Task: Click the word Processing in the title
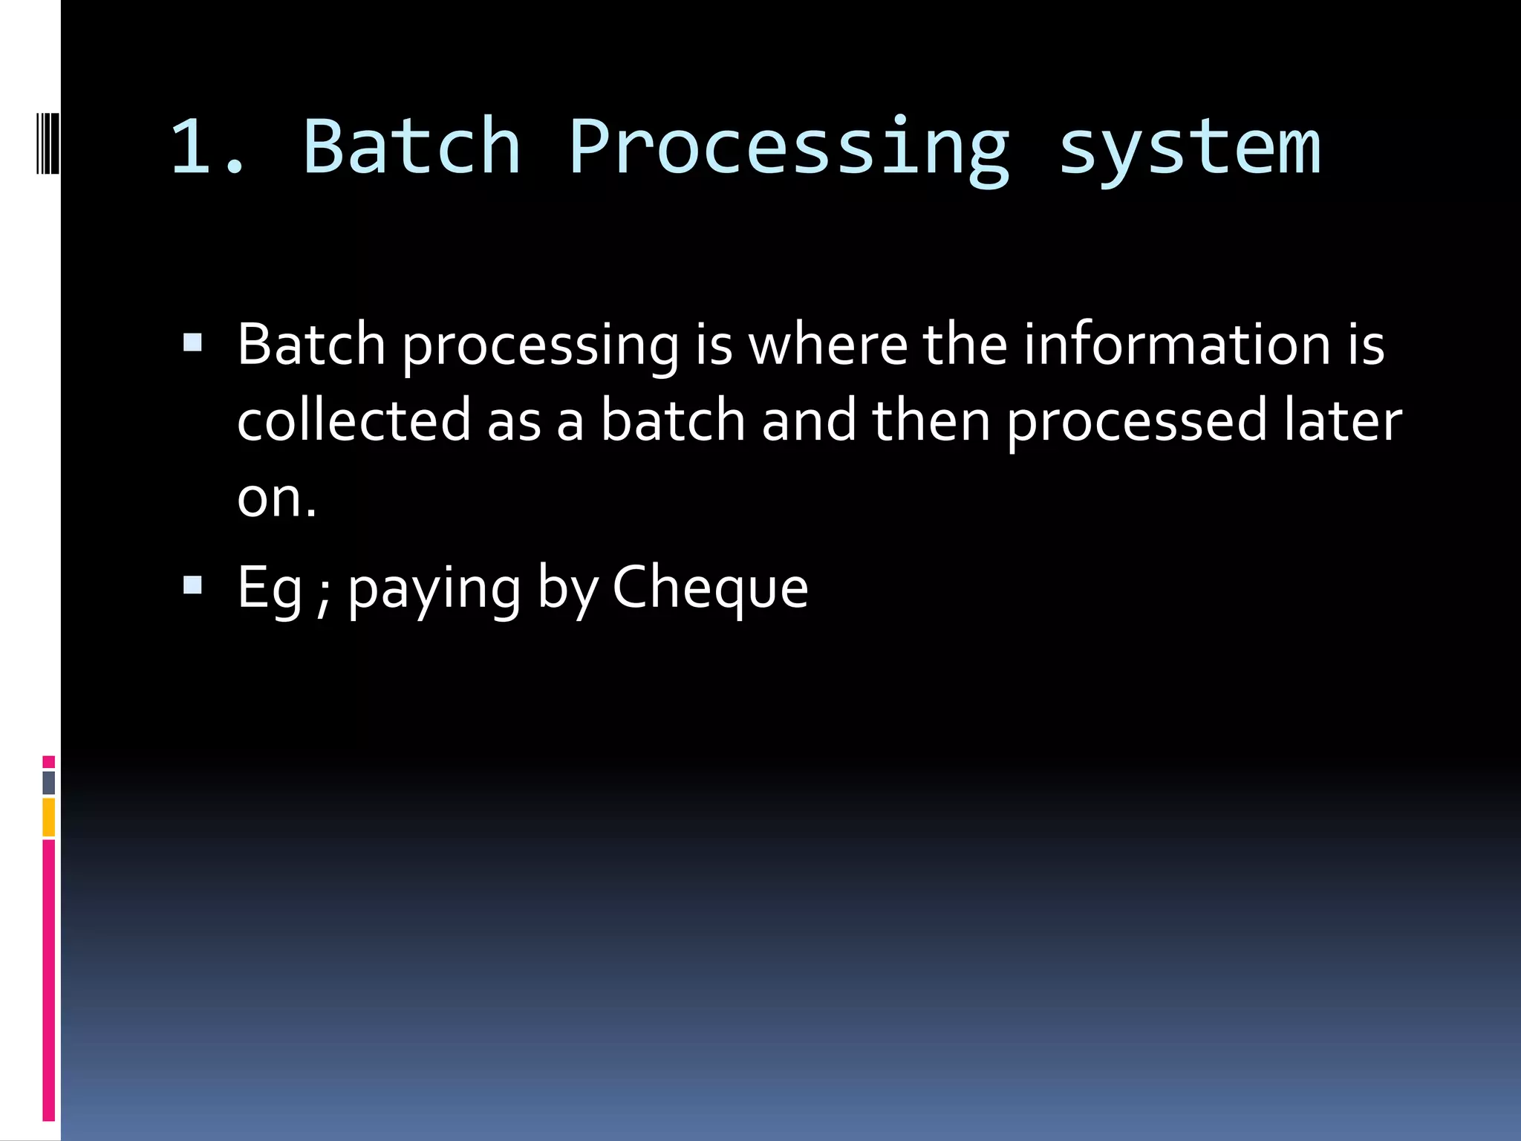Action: coord(789,149)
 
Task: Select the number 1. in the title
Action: coord(208,149)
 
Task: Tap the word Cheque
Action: coord(710,588)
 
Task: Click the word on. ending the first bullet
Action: coord(276,498)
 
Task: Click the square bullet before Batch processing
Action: coord(192,342)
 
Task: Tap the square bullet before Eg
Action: coord(192,585)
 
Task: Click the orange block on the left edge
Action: coord(48,817)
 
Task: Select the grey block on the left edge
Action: coord(48,782)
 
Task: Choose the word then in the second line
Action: coord(931,420)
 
